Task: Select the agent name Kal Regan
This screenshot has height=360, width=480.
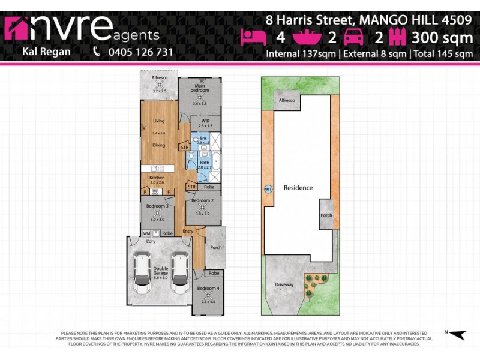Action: click(x=46, y=52)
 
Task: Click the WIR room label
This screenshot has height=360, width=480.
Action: click(x=205, y=121)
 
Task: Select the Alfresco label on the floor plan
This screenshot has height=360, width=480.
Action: click(x=159, y=78)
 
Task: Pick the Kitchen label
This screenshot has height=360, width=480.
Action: click(x=157, y=178)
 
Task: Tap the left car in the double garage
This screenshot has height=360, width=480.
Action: click(x=142, y=273)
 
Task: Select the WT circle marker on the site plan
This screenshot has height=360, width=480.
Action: click(x=268, y=188)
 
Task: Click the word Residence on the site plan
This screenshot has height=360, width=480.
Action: click(x=298, y=188)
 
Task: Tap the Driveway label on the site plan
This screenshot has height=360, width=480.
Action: click(x=284, y=284)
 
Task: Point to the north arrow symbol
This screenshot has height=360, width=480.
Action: click(x=458, y=335)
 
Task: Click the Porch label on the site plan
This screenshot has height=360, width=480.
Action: click(x=326, y=216)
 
